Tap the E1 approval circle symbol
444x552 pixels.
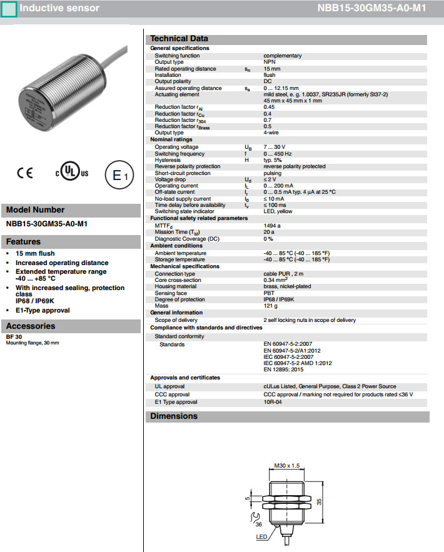pos(118,176)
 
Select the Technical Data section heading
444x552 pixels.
pos(179,39)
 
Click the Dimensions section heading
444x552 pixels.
pos(174,416)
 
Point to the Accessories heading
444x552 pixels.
pos(31,326)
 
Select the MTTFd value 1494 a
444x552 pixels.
pos(272,225)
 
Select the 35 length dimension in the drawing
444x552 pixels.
pos(319,501)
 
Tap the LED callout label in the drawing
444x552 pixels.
pos(261,536)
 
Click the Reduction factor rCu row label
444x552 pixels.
pos(178,114)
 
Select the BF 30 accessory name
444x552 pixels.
pos(14,337)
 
